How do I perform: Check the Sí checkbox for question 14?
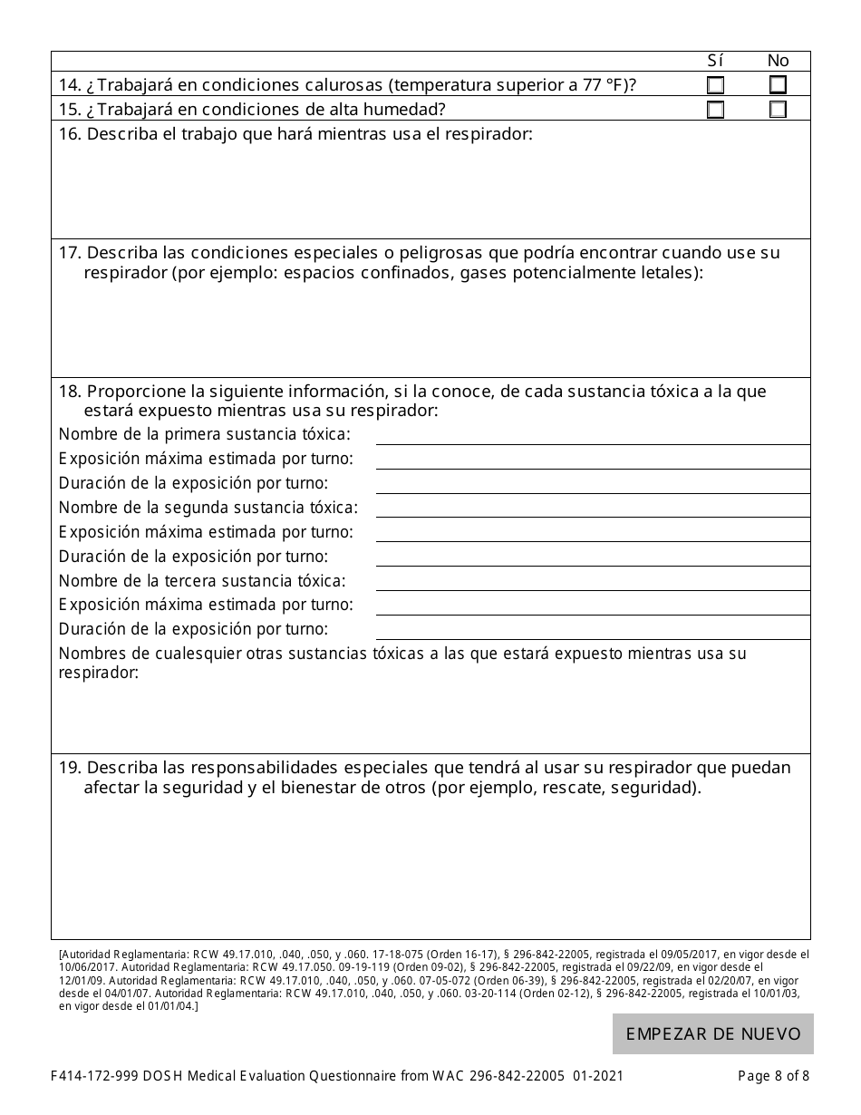[716, 86]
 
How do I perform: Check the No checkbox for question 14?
[778, 86]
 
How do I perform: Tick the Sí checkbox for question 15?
[716, 110]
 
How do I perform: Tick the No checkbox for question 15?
[778, 110]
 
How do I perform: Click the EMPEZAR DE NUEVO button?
[712, 1033]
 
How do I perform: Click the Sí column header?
[715, 61]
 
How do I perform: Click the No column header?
[778, 61]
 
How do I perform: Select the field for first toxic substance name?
[593, 434]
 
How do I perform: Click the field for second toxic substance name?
[593, 507]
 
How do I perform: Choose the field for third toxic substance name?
[593, 580]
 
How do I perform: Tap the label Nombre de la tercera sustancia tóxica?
[202, 581]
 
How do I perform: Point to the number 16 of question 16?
[69, 135]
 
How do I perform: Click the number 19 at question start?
[69, 768]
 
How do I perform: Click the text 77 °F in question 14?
[595, 86]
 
